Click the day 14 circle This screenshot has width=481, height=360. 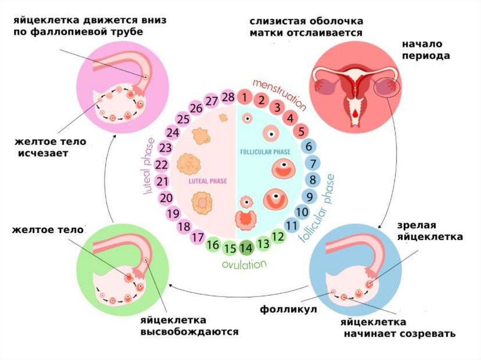coord(246,247)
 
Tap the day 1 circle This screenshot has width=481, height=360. coord(245,98)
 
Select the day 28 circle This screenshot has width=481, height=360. coord(228,98)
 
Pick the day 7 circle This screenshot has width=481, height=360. coord(310,163)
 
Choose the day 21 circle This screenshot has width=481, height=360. coord(163,182)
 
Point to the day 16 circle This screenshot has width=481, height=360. coord(213,244)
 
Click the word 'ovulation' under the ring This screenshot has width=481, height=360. coord(244,264)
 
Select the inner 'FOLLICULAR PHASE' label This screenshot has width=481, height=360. coord(265,152)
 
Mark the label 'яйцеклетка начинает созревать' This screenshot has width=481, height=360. coord(398,328)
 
